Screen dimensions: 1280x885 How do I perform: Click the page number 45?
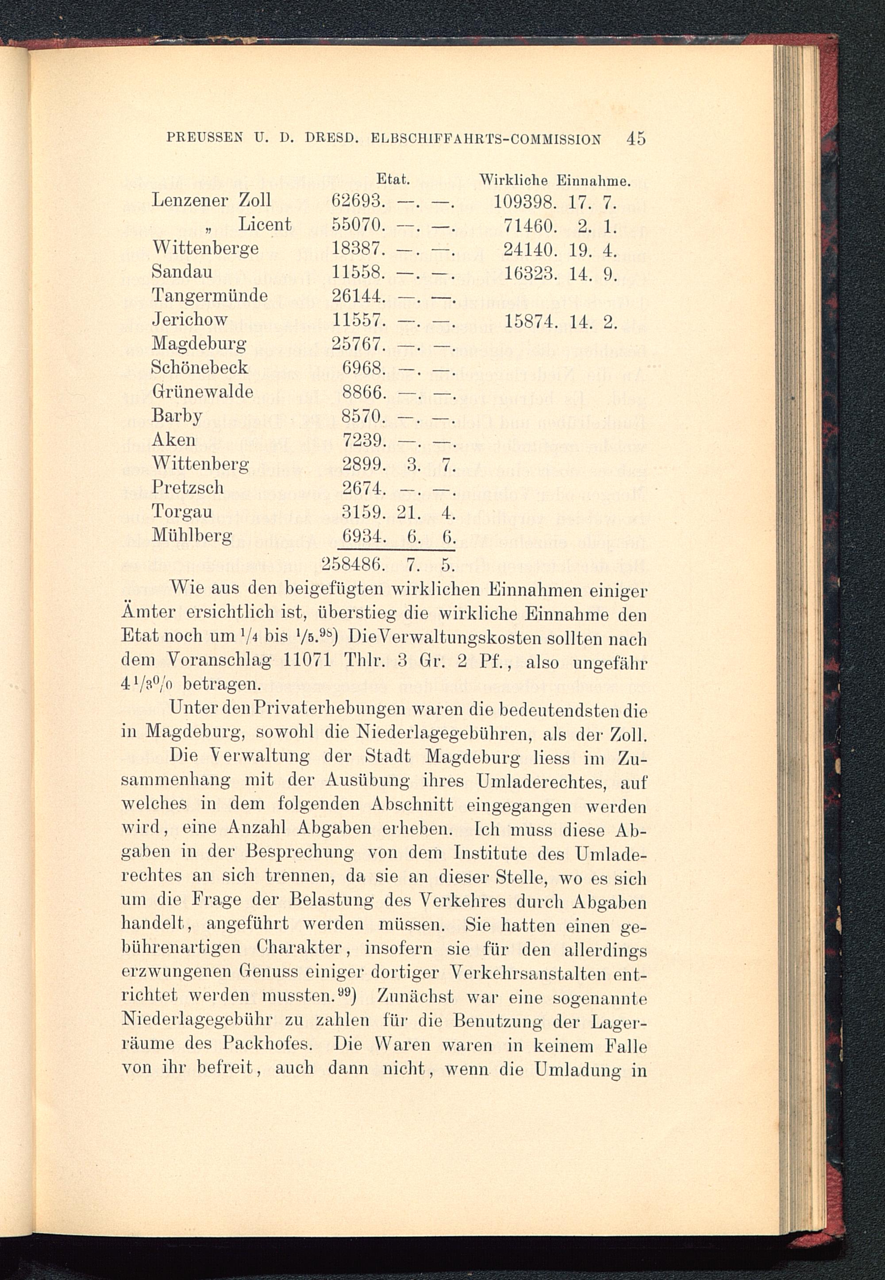636,138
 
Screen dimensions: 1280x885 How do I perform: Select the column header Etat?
392,180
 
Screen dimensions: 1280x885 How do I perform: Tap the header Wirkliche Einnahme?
554,180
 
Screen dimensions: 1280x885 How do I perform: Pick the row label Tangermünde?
210,295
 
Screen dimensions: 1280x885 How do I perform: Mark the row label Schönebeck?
200,368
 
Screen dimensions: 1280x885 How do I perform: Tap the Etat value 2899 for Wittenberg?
363,463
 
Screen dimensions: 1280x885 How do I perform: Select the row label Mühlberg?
192,535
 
